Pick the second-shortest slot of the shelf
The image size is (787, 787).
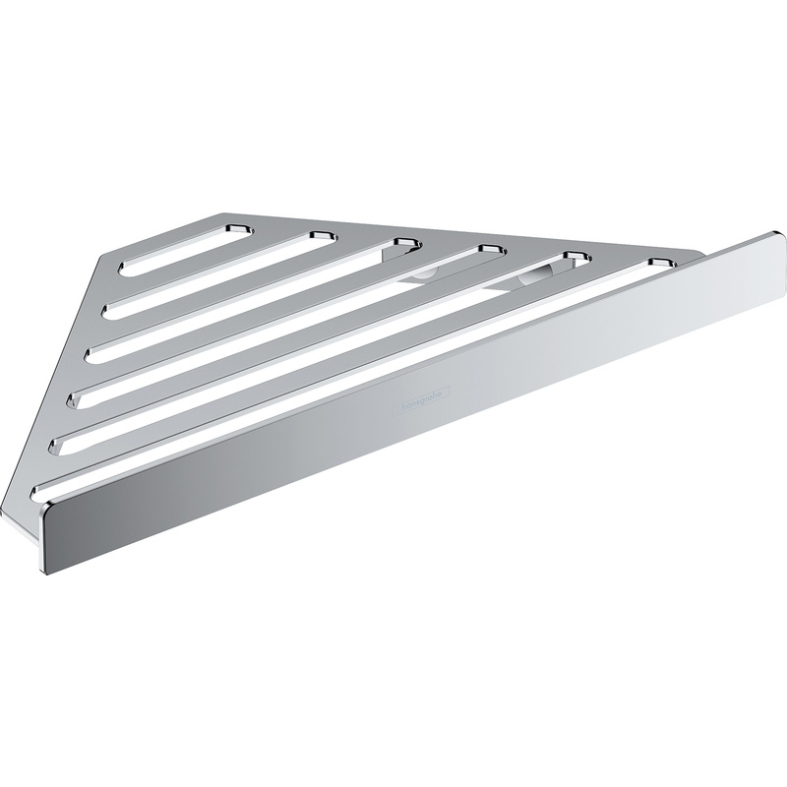[x=216, y=272]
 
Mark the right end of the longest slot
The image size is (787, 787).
[x=661, y=263]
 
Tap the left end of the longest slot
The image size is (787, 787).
[x=41, y=489]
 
